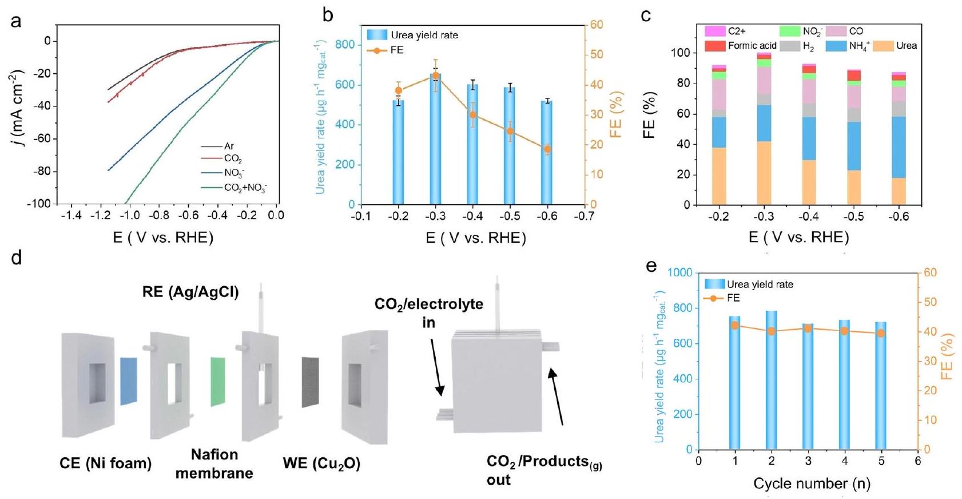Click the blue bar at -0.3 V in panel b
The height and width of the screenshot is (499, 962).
(x=436, y=143)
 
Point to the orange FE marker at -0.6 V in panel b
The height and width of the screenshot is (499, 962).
(x=547, y=149)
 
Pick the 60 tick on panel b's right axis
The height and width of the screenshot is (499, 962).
(x=597, y=25)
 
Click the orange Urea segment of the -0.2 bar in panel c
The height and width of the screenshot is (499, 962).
(x=719, y=176)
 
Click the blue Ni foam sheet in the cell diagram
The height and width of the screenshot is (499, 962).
(x=129, y=381)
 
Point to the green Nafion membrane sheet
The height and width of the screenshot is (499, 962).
(x=218, y=382)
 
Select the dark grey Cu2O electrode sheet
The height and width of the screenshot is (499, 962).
(x=310, y=382)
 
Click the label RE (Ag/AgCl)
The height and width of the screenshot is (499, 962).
(x=190, y=292)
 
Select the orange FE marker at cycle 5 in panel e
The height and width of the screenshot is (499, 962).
(x=881, y=333)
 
